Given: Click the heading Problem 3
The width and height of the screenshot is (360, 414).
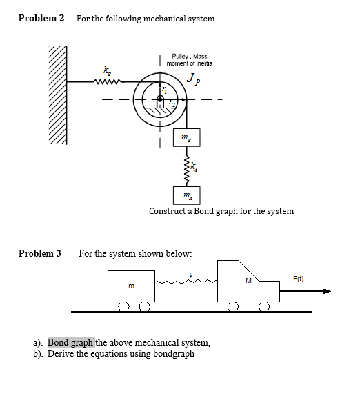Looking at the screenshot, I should point(40,253).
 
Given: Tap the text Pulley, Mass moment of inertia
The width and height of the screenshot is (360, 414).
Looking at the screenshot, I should point(190,59).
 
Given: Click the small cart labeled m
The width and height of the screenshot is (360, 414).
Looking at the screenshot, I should point(131,286).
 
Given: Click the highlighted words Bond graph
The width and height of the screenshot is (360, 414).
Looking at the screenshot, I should point(70,342).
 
